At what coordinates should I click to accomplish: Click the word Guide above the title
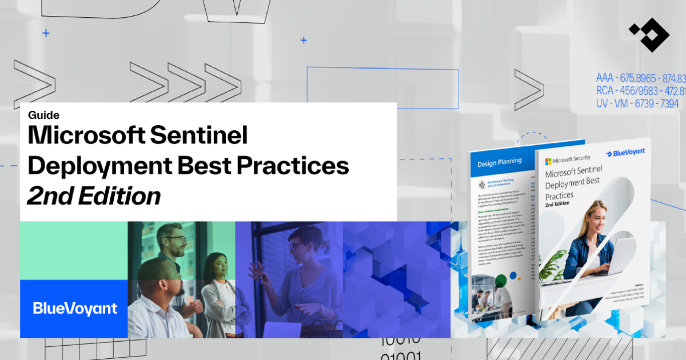[x=43, y=115]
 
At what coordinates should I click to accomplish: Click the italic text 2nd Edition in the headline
[x=94, y=195]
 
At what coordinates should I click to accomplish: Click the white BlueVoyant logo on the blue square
[x=74, y=309]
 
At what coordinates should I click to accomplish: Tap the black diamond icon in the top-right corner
[x=648, y=34]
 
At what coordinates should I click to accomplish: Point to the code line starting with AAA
[x=640, y=78]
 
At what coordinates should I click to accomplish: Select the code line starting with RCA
[x=640, y=91]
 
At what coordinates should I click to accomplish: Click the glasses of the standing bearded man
[x=176, y=239]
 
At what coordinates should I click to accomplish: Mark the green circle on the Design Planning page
[x=501, y=281]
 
